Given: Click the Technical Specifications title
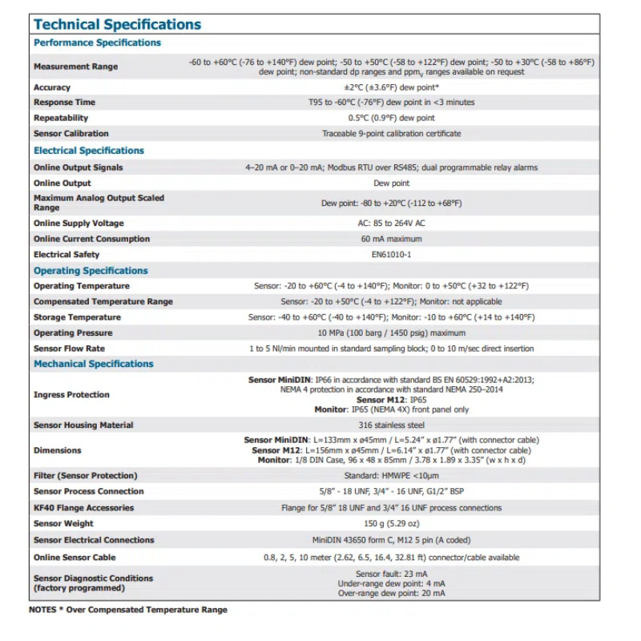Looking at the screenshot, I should tap(117, 25).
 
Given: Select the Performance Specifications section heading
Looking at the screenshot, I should tap(97, 43).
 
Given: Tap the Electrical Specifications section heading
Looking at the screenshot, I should tap(89, 151).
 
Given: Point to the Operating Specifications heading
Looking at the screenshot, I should tap(91, 271).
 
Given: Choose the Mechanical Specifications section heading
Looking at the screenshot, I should tap(93, 364).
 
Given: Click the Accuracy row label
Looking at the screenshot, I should tap(52, 87).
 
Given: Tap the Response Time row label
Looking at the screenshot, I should tap(64, 103).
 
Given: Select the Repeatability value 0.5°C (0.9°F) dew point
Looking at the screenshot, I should tap(391, 118).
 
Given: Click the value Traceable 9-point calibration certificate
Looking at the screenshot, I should tap(391, 134).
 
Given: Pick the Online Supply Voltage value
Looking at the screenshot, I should tap(391, 224).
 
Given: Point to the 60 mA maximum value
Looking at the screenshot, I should tap(391, 239).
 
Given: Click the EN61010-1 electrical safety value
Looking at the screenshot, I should tap(391, 255).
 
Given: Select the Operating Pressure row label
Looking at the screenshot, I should tap(73, 333).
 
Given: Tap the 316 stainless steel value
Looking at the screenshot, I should tap(391, 425).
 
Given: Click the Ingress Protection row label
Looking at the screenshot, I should tap(71, 395).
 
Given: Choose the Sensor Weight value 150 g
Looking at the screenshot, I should tap(391, 524).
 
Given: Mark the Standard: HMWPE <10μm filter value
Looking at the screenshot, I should tap(391, 476).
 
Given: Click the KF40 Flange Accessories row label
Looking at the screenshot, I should tap(83, 508).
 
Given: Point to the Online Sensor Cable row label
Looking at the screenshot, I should tap(75, 558).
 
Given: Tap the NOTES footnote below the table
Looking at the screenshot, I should tap(128, 610).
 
